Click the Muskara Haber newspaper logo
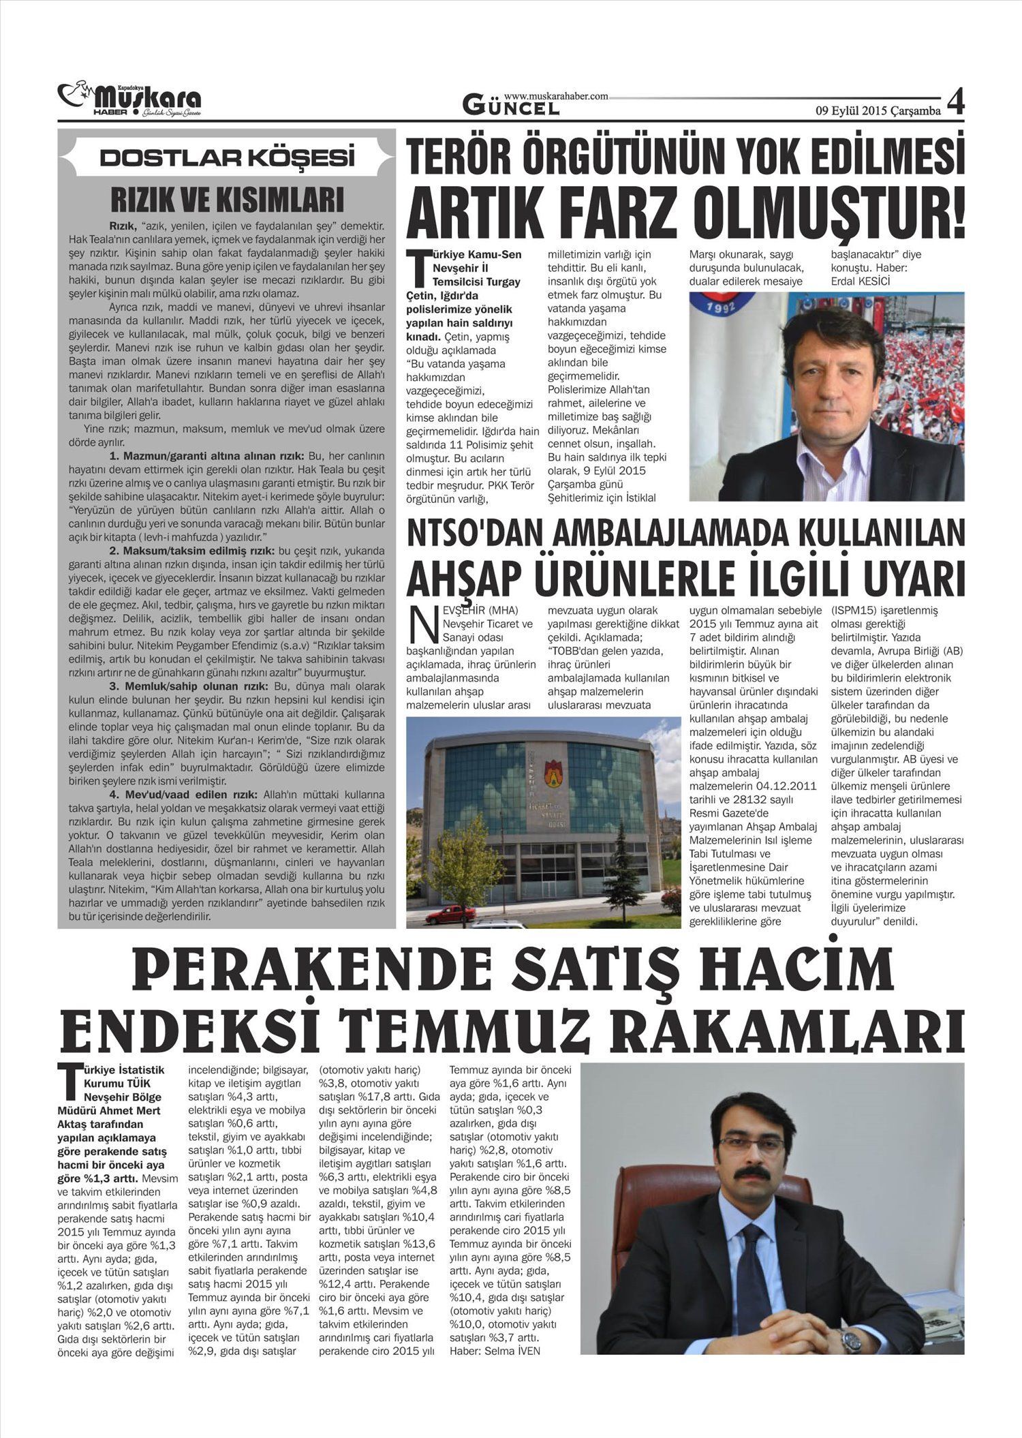129,100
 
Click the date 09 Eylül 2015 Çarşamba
878,110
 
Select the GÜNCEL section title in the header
511,106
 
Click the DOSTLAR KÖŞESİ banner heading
227,158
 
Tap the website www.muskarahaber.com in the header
556,97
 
